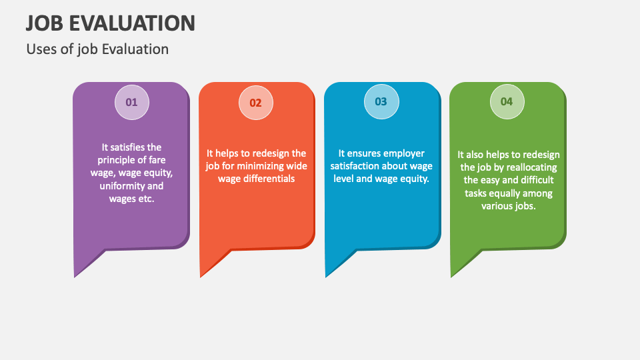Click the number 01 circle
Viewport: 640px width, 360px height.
pyautogui.click(x=131, y=103)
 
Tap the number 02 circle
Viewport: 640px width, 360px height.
pyautogui.click(x=256, y=103)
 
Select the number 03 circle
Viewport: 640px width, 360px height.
pyautogui.click(x=381, y=102)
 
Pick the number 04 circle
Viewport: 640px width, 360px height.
pyautogui.click(x=507, y=102)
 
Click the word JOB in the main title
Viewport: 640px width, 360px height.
pyautogui.click(x=48, y=23)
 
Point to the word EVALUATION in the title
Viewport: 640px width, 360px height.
pyautogui.click(x=136, y=23)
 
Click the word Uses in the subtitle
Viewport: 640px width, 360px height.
pyautogui.click(x=40, y=49)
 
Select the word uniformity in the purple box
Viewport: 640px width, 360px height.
pyautogui.click(x=122, y=186)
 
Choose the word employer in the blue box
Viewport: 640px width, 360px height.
pyautogui.click(x=403, y=153)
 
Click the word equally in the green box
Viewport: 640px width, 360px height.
pyautogui.click(x=507, y=193)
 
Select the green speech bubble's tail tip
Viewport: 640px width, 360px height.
pyautogui.click(x=452, y=276)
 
